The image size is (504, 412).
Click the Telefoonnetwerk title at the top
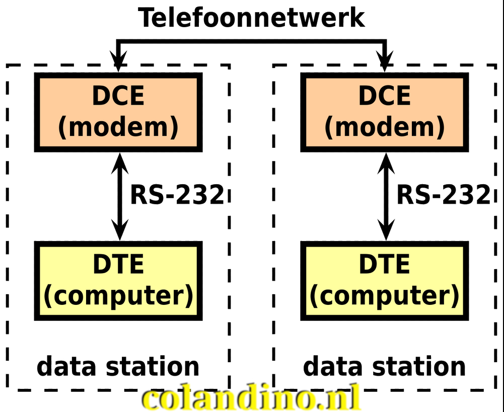click(251, 18)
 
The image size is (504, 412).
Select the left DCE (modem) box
click(118, 112)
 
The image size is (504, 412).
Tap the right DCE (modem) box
click(385, 112)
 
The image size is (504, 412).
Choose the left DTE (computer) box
click(118, 281)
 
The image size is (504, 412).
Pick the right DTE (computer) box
click(385, 281)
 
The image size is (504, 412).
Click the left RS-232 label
click(177, 195)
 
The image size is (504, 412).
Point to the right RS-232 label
click(443, 195)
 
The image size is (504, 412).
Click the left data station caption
click(118, 367)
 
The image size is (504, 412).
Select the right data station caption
click(385, 367)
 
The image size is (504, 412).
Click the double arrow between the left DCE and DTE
click(119, 196)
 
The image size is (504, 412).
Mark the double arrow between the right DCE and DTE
click(386, 196)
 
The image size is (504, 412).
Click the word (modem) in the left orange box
click(118, 127)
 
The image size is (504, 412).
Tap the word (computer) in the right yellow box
click(385, 295)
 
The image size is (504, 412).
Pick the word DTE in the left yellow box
click(118, 265)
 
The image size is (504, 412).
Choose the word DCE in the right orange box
click(385, 96)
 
